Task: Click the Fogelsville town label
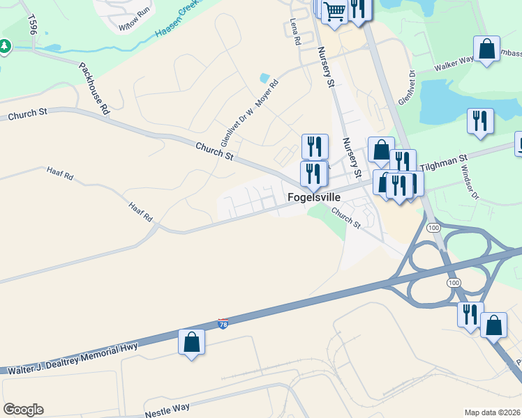tap(314, 198)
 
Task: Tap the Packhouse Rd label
tap(95, 89)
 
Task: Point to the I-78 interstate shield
tap(223, 324)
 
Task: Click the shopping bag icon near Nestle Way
tap(191, 343)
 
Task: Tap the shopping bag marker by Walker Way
tap(486, 49)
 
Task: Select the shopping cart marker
tap(334, 11)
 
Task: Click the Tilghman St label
tap(445, 164)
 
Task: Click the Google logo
tap(23, 410)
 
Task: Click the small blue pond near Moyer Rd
tap(264, 78)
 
